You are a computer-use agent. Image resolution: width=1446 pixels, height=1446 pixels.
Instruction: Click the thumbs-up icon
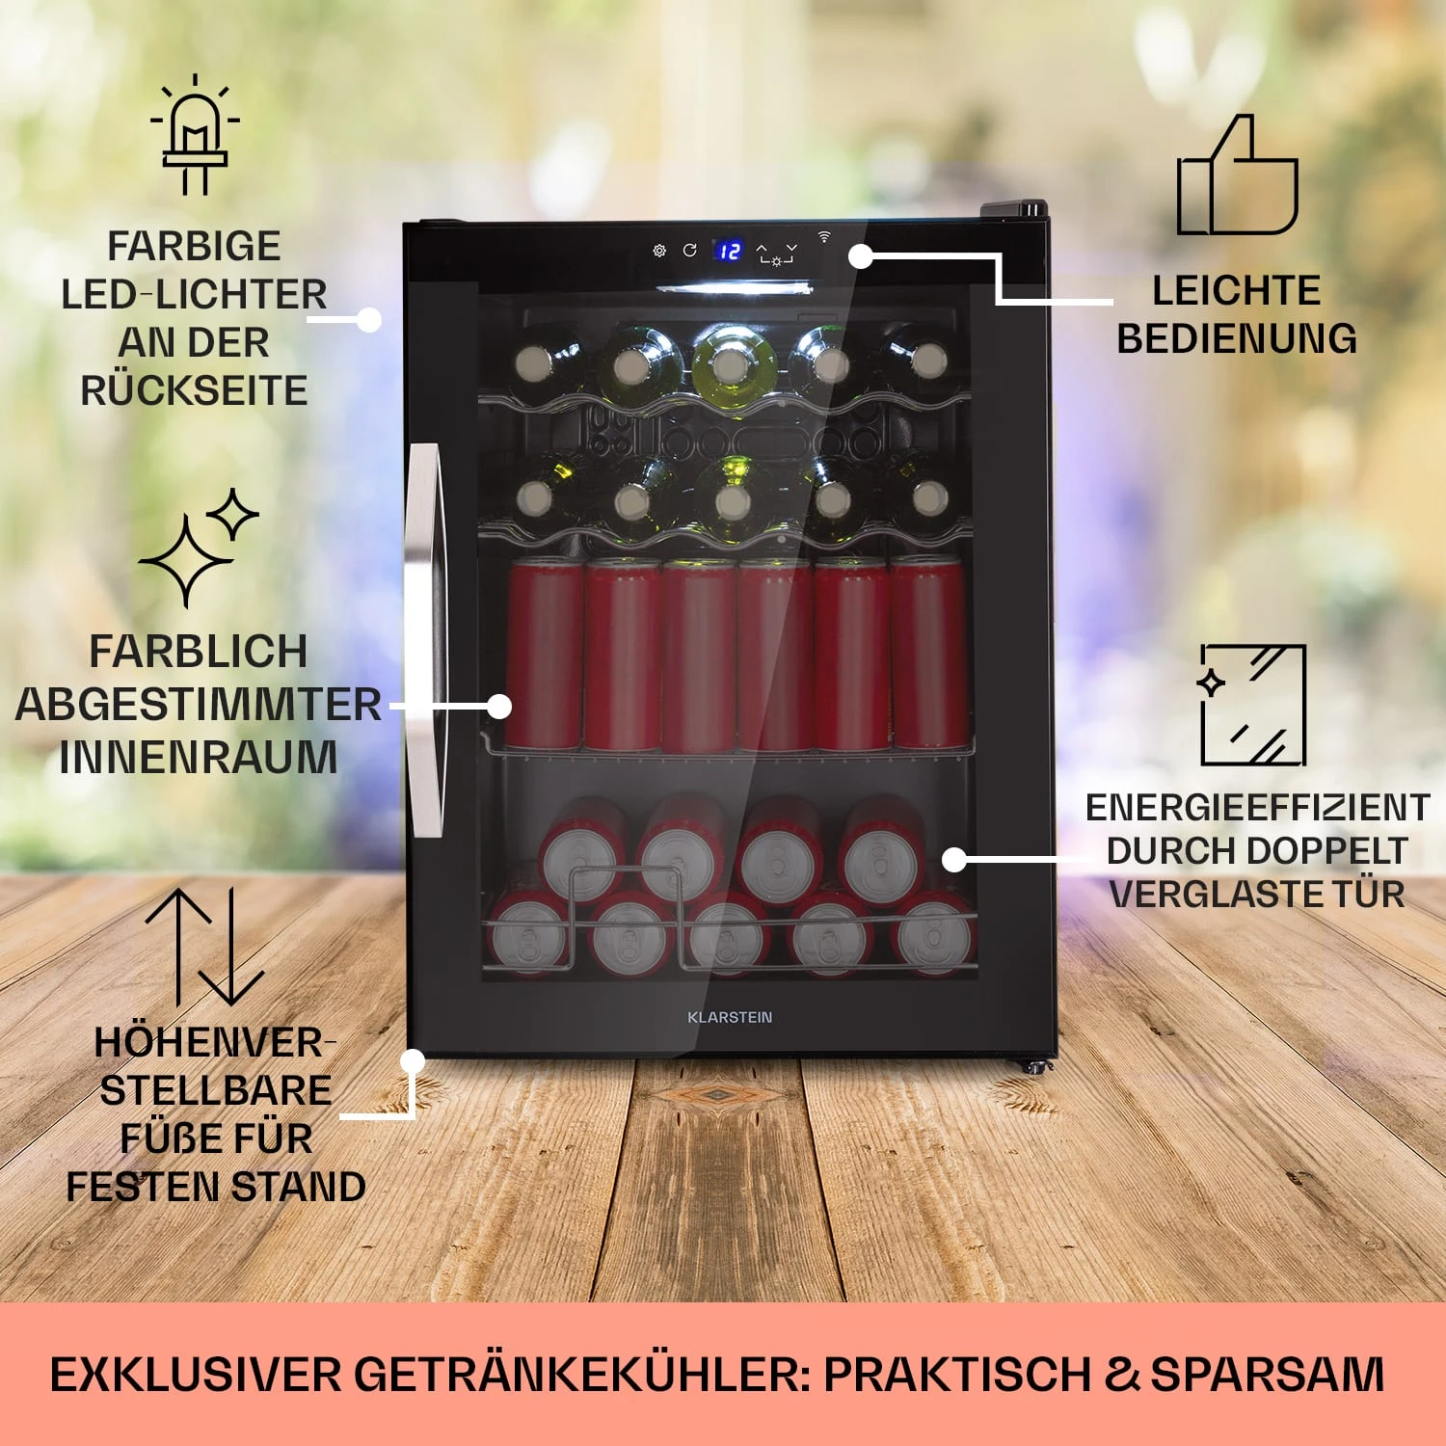1238,177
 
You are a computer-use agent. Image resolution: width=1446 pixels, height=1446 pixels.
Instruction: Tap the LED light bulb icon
195,135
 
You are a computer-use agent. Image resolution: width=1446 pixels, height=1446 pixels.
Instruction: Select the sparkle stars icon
200,548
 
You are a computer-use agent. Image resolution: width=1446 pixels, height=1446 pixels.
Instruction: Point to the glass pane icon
1252,705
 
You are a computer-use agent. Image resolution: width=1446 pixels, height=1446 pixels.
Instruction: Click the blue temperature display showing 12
729,251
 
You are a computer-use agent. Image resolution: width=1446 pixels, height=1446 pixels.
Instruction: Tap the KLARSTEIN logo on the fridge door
730,1017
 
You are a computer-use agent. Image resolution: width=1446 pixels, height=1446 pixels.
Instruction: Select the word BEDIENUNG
1237,339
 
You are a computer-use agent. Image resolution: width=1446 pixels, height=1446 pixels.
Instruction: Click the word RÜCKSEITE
194,390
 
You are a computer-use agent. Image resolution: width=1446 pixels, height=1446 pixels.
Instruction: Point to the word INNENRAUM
199,757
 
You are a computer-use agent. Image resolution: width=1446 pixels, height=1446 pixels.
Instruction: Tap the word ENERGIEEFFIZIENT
1257,808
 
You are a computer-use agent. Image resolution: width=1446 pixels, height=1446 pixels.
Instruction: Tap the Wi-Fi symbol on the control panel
824,236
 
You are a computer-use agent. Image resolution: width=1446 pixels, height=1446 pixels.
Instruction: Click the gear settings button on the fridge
659,251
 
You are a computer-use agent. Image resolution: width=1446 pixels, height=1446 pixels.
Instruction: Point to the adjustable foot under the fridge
1032,1066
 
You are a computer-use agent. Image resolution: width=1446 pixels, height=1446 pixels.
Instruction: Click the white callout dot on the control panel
861,256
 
